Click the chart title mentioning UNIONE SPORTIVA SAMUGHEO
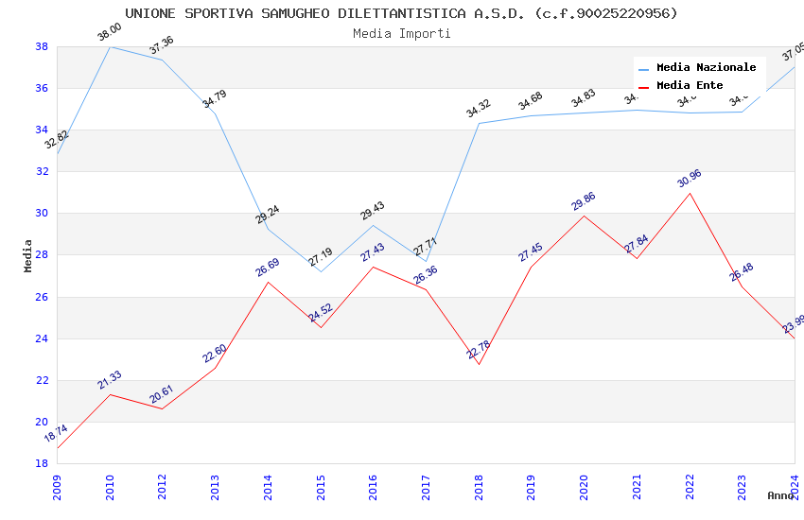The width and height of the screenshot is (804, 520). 401,13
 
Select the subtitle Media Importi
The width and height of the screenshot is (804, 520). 401,33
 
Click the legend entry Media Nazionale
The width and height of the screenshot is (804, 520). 706,68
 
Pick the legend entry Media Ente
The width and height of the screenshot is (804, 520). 690,86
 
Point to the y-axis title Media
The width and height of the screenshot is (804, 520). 28,255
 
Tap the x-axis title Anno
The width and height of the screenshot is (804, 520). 780,495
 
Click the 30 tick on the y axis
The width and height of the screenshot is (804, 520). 42,214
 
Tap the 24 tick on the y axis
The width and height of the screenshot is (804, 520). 42,338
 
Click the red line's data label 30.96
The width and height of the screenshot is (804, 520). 689,179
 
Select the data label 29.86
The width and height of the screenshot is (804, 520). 584,201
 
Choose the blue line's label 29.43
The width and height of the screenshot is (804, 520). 373,211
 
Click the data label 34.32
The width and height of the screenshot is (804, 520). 479,109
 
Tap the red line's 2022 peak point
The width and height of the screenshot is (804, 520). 690,194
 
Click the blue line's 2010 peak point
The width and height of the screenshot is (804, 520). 110,46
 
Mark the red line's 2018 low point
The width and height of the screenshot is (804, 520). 479,364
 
